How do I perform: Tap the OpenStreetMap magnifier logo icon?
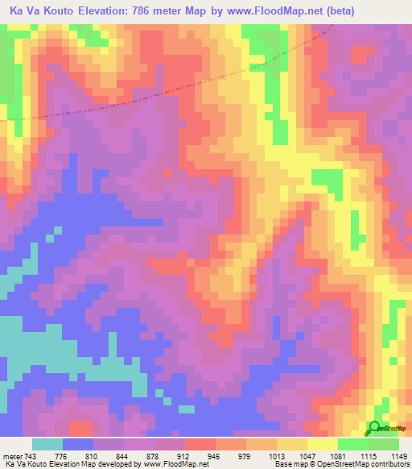pos(374,427)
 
